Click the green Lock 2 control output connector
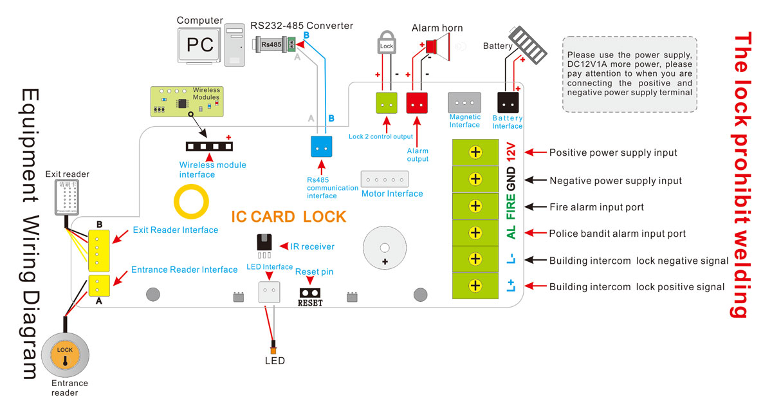pos(387,103)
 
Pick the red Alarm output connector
pos(418,103)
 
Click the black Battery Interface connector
pos(508,103)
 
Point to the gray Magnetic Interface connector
pos(464,103)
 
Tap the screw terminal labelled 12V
pos(475,152)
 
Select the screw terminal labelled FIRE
pos(475,206)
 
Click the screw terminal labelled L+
pos(475,285)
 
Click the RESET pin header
pos(309,292)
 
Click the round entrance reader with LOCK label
pos(65,356)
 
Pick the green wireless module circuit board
pos(186,102)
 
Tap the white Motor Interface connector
pos(384,179)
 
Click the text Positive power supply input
pos(612,153)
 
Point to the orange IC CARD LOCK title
pos(289,216)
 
